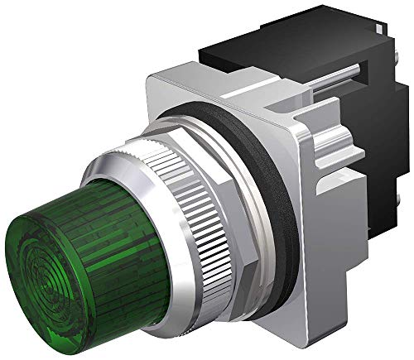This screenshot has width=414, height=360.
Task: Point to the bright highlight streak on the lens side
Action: click(83, 199)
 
